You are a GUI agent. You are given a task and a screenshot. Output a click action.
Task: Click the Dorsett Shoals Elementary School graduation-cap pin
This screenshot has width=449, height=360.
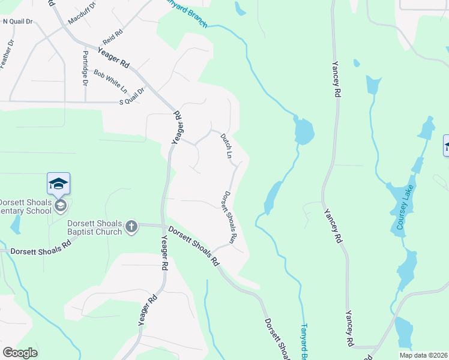point(58,184)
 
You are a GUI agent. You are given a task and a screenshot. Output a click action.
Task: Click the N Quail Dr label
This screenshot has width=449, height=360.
point(17,21)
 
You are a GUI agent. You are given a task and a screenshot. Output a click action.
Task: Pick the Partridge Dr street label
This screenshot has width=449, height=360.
point(84,68)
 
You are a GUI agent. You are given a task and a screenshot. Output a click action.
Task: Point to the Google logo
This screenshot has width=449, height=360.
point(20,353)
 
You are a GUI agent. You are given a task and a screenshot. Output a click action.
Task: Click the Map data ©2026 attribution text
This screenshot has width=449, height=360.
point(423,355)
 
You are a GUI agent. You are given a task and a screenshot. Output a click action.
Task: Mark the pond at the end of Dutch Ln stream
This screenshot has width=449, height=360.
point(304,131)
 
